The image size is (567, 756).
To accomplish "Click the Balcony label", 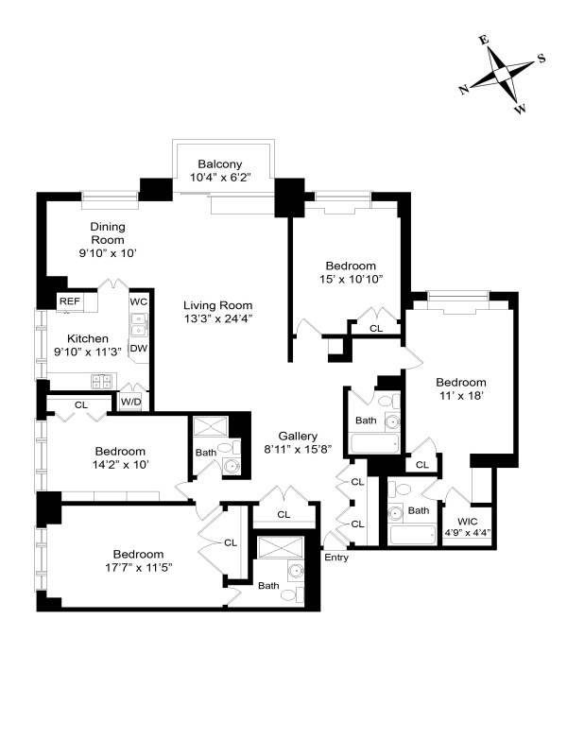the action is (x=223, y=162).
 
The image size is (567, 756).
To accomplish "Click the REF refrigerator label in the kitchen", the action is (x=70, y=301).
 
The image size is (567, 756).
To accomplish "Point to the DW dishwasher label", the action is (x=139, y=349).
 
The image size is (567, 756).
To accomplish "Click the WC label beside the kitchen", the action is (x=139, y=301).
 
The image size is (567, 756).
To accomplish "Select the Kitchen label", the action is (x=87, y=338).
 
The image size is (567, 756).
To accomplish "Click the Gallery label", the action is (x=297, y=435).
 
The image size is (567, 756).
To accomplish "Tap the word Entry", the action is (x=335, y=558).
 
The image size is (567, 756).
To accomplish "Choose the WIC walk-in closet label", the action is (x=467, y=521).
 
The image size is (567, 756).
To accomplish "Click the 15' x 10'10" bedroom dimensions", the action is (x=351, y=280).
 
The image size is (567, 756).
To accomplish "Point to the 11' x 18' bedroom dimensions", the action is (x=460, y=397).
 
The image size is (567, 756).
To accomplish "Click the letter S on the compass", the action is (x=541, y=58).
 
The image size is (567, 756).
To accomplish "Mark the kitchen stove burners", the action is (x=101, y=381).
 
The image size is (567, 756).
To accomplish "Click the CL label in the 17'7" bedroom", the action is (x=231, y=542).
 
